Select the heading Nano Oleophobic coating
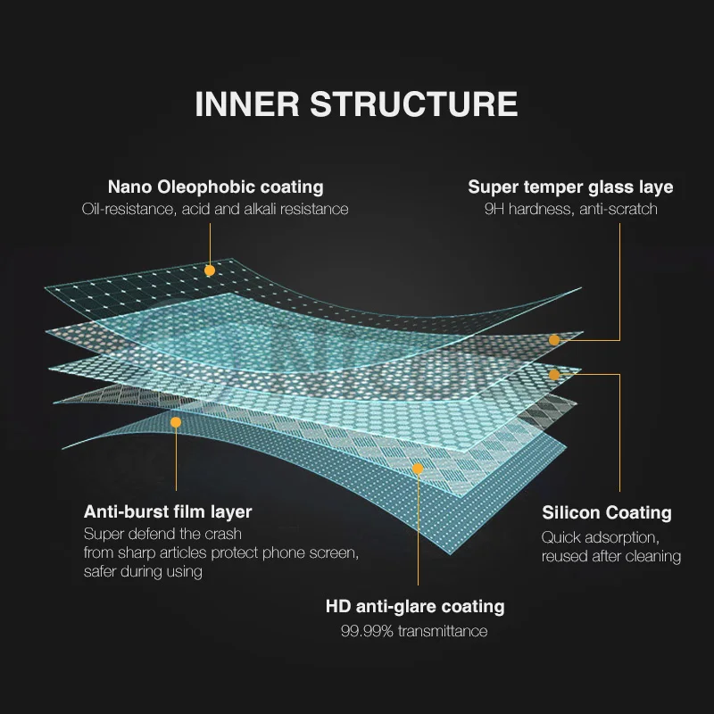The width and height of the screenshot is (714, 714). (215, 187)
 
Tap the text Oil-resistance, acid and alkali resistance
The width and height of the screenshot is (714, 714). (215, 209)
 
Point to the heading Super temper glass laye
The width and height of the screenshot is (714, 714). (570, 187)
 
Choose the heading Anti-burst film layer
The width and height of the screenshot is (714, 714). (168, 512)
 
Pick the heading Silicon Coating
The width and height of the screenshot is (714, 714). (607, 512)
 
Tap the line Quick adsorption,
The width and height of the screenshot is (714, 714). (600, 537)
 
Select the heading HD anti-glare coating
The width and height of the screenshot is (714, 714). (415, 607)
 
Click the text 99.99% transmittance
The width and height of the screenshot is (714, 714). (414, 631)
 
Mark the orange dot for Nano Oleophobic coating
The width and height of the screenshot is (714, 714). (210, 270)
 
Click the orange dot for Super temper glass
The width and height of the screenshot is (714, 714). (554, 340)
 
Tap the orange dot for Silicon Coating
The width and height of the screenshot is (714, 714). (554, 375)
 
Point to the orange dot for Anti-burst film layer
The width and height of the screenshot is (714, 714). (176, 422)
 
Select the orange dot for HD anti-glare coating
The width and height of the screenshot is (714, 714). (417, 467)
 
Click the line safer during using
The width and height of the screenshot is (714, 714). (143, 571)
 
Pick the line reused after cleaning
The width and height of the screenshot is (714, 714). (611, 556)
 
